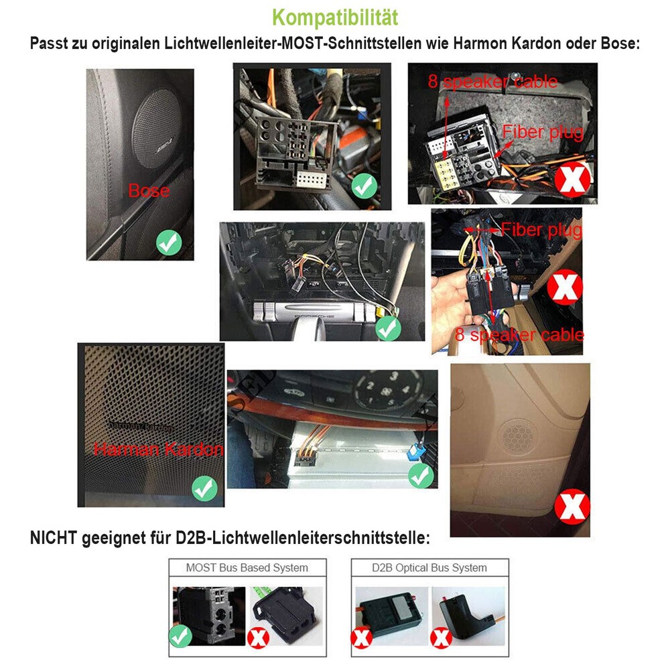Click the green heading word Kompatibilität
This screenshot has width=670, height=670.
(336, 17)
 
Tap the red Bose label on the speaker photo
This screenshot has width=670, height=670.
(149, 191)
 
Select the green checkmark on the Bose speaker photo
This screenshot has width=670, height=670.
(169, 242)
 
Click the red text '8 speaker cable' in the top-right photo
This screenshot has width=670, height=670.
(492, 82)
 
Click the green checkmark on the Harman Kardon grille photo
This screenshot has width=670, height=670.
(204, 488)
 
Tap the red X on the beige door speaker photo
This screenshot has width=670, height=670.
(574, 507)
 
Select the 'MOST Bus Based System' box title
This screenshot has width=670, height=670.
(247, 567)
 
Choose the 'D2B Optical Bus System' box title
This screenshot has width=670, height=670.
(429, 567)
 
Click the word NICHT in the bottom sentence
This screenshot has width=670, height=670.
(54, 538)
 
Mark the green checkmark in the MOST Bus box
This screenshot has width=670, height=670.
(180, 636)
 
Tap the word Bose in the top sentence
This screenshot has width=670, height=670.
(619, 44)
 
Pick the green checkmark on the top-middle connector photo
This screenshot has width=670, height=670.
(364, 186)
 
